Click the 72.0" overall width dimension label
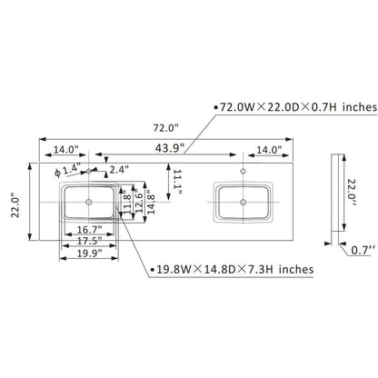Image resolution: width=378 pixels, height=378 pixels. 165,128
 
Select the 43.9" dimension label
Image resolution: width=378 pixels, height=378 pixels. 170,148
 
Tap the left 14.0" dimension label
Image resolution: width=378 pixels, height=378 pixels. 66,150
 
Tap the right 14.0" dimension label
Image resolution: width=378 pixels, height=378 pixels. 269,150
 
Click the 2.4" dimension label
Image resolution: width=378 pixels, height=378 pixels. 119,170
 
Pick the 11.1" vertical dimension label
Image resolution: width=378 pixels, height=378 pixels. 177,182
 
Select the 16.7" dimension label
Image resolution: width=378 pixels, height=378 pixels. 89,230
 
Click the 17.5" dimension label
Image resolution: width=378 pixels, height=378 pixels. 89,241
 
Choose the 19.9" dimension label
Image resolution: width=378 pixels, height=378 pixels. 89,253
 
